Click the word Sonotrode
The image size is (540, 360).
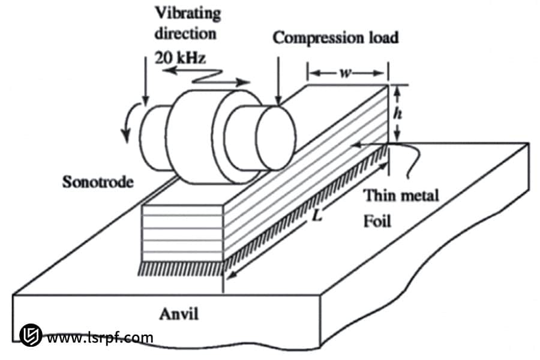(97, 182)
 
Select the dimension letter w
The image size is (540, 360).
(346, 73)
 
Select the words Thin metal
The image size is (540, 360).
(401, 195)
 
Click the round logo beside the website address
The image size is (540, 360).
(29, 335)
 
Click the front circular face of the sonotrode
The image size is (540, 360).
(275, 136)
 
